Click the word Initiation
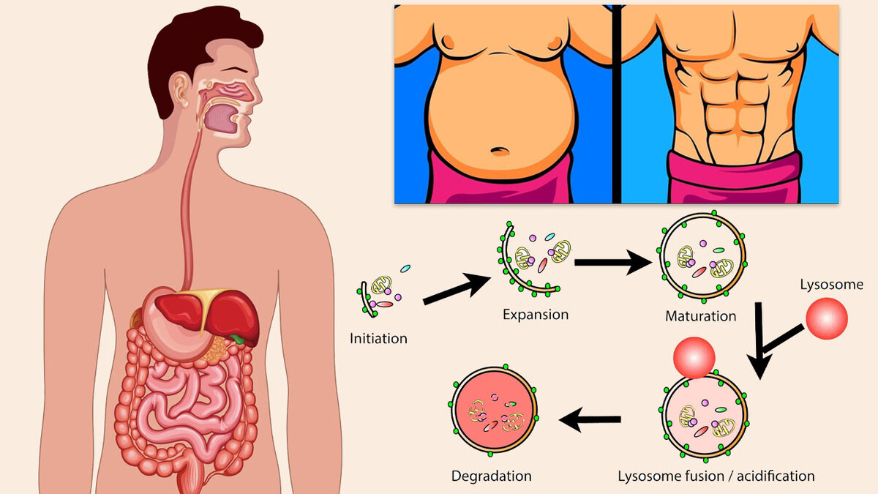[x=378, y=339]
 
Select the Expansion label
[x=535, y=315]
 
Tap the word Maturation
[x=700, y=317]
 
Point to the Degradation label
[x=491, y=476]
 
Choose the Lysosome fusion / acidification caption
[x=716, y=476]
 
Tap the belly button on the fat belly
[x=500, y=151]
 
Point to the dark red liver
[x=234, y=311]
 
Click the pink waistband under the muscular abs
[x=732, y=179]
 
